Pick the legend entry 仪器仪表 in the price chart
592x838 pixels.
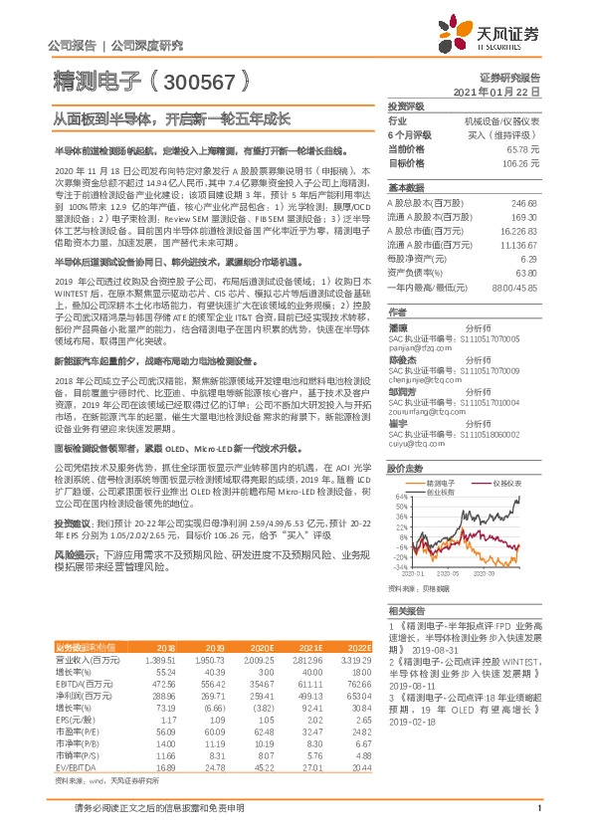click(x=506, y=481)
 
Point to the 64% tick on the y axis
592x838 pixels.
click(x=396, y=496)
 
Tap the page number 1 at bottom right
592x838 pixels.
click(x=538, y=820)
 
